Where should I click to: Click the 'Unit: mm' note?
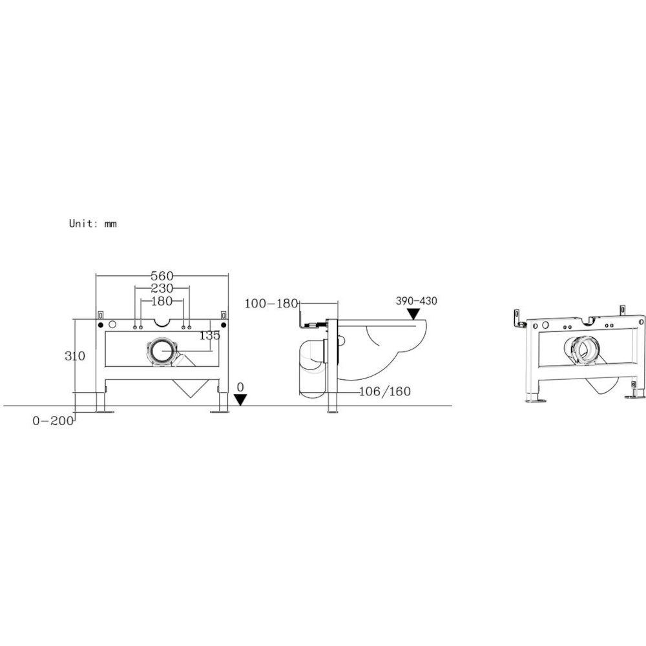click(93, 224)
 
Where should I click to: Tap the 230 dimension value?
click(161, 288)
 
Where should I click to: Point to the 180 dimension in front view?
click(161, 301)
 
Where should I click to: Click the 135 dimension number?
click(209, 335)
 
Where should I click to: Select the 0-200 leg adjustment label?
click(54, 421)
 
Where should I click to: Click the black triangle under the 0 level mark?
click(240, 400)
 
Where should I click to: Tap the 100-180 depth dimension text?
click(271, 303)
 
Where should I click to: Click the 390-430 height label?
click(417, 301)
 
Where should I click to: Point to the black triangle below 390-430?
click(412, 314)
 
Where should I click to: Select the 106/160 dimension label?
click(386, 391)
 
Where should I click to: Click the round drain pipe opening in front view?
click(161, 352)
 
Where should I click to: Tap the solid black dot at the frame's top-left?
click(101, 324)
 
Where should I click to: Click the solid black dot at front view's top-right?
click(223, 324)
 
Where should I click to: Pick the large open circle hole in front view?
click(113, 324)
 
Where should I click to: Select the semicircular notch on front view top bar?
click(161, 322)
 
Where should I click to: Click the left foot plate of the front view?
click(101, 410)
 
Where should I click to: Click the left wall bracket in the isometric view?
click(517, 317)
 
